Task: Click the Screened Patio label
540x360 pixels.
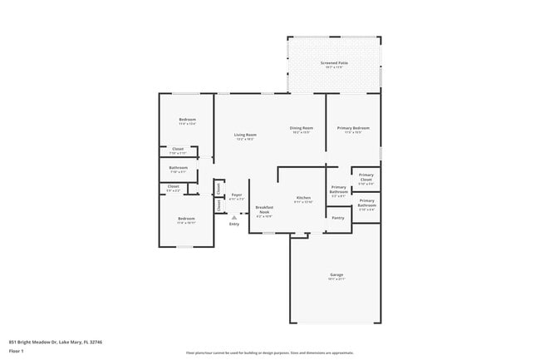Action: coord(334,63)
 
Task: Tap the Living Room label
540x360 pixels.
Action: coord(244,135)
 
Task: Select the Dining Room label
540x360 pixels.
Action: coord(301,128)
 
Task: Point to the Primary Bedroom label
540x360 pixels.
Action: coord(353,128)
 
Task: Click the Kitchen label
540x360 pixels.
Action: coord(302,198)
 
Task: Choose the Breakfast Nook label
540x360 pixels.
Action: coord(264,210)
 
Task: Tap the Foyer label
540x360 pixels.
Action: coord(237,195)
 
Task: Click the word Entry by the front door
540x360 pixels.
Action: coord(234,224)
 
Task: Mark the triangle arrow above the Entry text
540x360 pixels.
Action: coord(234,217)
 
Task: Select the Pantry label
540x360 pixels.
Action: coord(337,218)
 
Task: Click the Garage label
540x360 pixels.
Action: coord(336,274)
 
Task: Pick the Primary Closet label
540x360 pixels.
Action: coord(366,177)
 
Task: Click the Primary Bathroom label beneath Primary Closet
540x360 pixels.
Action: coord(366,202)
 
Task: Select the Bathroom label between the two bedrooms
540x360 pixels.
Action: coord(178,168)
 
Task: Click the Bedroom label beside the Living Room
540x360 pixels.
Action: coord(187,121)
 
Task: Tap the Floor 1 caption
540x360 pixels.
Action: coord(17,351)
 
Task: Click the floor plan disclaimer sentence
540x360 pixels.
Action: coord(269,353)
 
